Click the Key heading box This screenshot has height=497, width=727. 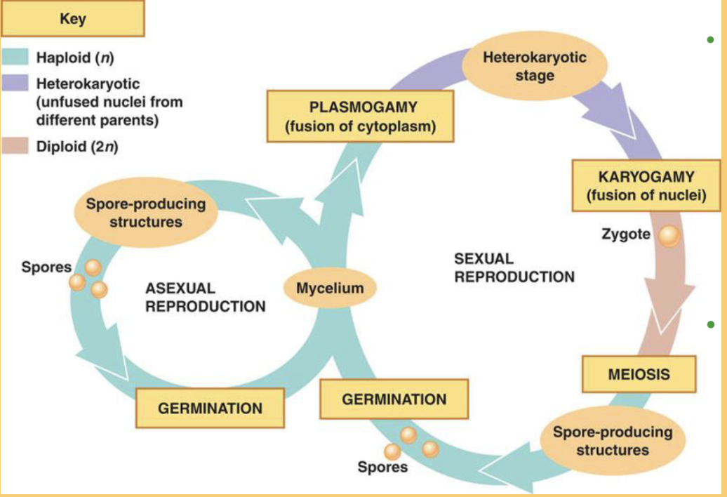(73, 19)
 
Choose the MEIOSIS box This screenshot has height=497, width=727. (639, 374)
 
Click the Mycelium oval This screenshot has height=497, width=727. (329, 288)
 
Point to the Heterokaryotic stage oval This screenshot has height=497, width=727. (535, 66)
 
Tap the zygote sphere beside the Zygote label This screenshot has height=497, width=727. (668, 237)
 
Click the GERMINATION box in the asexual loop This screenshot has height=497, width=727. (210, 408)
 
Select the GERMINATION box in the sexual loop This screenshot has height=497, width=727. (394, 399)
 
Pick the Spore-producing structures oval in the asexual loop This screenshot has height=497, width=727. (145, 213)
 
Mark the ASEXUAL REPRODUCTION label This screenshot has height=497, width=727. (205, 298)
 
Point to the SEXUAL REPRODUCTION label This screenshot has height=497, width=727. (514, 267)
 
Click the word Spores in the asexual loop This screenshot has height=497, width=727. (46, 267)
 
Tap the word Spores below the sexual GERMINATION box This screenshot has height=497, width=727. (382, 467)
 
